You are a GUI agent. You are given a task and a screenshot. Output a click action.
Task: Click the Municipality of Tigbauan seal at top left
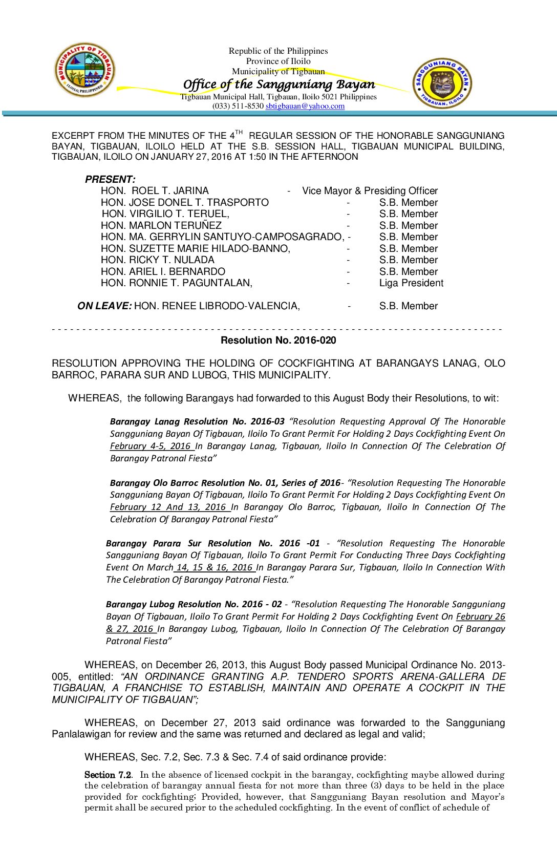pos(85,70)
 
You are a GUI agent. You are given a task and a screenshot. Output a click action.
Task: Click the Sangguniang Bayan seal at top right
pos(442,83)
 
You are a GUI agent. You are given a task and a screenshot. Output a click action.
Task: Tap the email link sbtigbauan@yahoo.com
pos(305,106)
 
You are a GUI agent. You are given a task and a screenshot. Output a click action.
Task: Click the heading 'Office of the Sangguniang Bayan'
pos(279,84)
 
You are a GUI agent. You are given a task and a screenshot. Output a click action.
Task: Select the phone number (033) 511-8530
pos(238,106)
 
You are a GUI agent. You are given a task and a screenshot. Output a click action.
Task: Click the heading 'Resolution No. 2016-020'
pos(278,340)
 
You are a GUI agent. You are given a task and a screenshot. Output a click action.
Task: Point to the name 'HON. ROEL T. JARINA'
pos(155,191)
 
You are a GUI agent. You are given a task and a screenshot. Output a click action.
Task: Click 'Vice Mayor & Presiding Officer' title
pos(370,191)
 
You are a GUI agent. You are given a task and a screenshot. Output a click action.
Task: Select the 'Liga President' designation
pos(411,283)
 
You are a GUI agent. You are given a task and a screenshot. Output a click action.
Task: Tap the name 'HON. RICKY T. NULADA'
pos(158,260)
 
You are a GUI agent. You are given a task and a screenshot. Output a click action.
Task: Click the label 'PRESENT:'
pos(110,179)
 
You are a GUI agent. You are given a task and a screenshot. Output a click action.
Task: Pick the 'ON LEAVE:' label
pos(104,306)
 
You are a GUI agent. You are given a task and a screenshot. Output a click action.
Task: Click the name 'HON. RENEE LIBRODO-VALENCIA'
pos(217,306)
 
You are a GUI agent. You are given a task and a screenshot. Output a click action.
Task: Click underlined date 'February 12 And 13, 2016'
pos(168,507)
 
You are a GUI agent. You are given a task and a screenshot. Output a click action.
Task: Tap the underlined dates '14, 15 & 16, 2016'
pos(215,567)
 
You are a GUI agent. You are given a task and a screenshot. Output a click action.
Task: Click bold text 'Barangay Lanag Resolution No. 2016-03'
pos(197,421)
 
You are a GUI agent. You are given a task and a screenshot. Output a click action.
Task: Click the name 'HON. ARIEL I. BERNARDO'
pos(163,272)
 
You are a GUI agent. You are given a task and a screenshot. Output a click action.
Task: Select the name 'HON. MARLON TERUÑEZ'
pos(161,226)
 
